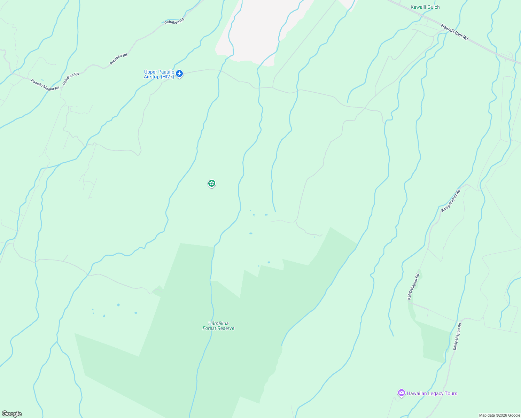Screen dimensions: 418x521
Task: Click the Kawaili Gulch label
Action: pos(425,7)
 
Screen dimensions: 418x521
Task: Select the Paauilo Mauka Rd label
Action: pos(45,85)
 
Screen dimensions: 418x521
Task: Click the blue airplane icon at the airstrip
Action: pos(179,73)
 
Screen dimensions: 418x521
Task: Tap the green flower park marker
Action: pos(211,183)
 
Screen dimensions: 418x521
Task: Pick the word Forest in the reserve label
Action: pos(210,328)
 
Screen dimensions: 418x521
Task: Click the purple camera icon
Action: pos(401,393)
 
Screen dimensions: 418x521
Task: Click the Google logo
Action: pos(11,414)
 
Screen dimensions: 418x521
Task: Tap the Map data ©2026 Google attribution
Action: pos(499,415)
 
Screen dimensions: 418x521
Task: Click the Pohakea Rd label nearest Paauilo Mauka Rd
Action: pos(71,79)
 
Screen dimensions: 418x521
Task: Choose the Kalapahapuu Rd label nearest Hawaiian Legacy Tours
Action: pos(457,336)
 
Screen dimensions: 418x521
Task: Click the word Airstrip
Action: pos(152,77)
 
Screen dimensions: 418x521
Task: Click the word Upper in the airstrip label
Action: pos(151,72)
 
